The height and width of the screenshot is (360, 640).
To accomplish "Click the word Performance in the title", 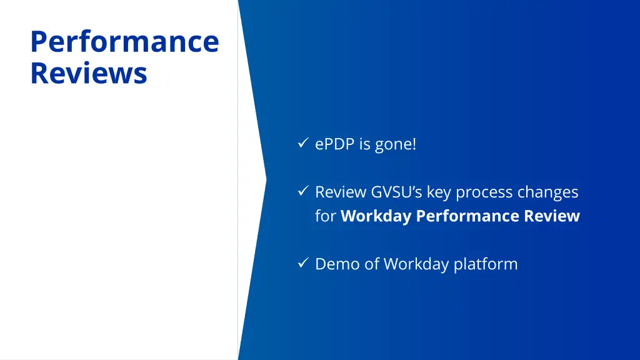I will pos(124,42).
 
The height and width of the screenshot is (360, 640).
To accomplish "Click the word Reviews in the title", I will pos(88,72).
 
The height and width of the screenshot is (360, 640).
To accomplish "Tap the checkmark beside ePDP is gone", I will pos(302,144).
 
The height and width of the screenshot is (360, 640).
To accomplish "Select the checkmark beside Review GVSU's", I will pos(302,191).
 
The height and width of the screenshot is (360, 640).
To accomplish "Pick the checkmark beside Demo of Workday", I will pos(302,263).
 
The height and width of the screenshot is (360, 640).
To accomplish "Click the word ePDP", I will pos(335,144).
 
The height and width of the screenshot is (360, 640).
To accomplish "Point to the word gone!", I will pos(395,144).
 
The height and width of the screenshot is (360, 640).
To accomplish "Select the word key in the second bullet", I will pos(439,192).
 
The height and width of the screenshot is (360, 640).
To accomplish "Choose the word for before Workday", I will pos(326,216).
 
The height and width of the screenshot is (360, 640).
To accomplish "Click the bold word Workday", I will pos(376,216).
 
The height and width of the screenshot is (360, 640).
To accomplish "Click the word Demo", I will pos(336,264).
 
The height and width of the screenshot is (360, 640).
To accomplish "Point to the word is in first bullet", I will pos(364,144).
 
